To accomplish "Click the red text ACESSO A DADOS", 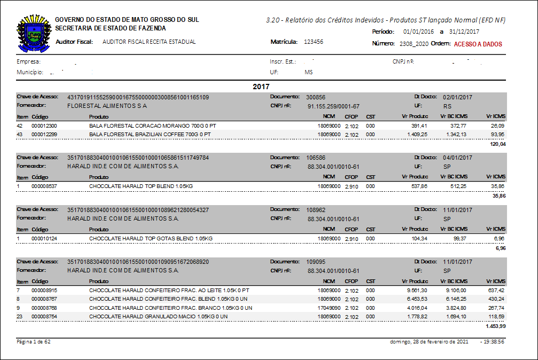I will pyautogui.click(x=478, y=44).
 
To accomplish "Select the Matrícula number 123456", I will pyautogui.click(x=313, y=42).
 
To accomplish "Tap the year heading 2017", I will pyautogui.click(x=261, y=86).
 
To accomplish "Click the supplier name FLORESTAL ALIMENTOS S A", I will pyautogui.click(x=107, y=106).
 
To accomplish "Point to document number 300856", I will pyautogui.click(x=316, y=98).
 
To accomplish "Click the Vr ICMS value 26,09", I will pyautogui.click(x=498, y=126).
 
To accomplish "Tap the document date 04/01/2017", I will pyautogui.click(x=457, y=158).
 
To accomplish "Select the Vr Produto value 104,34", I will pyautogui.click(x=418, y=238).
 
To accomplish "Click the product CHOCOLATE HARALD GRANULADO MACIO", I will pyautogui.click(x=158, y=316).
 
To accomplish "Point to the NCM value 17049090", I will pyautogui.click(x=329, y=308).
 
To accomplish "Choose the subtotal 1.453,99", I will pyautogui.click(x=495, y=326).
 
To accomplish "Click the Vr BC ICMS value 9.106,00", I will pyautogui.click(x=455, y=290).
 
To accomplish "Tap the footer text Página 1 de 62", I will pyautogui.click(x=34, y=341).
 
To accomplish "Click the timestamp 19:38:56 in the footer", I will pyautogui.click(x=494, y=341).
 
